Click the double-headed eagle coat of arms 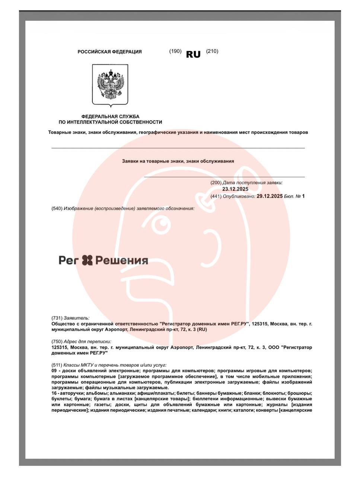pos(110,85)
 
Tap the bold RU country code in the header pos(193,54)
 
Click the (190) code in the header pos(175,51)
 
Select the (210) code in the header pos(212,51)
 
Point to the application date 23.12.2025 pos(235,189)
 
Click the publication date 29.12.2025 pos(270,196)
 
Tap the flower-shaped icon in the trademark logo pos(87,260)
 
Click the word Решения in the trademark pos(122,260)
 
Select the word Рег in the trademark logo pos(69,260)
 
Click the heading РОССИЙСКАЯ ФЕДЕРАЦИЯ pos(109,52)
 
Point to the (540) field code pos(57,208)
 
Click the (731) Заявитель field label pos(70,318)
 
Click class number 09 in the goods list pos(54,371)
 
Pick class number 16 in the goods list pos(54,393)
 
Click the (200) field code pos(216,183)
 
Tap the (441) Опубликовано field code pos(216,196)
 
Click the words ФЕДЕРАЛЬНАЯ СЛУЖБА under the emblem pos(110,116)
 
